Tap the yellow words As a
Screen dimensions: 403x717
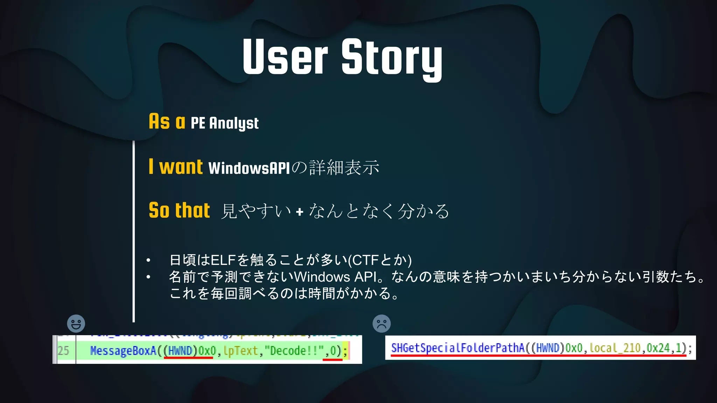(167, 122)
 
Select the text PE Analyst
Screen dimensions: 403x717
(224, 123)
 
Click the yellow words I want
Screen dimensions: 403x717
(175, 167)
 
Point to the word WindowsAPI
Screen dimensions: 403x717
(249, 168)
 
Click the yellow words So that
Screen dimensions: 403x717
(179, 211)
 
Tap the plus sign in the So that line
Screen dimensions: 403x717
(299, 212)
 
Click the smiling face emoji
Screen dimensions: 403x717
(76, 324)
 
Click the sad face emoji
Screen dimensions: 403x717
(382, 324)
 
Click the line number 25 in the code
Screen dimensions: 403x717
(63, 351)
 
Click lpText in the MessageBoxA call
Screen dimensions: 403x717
(241, 351)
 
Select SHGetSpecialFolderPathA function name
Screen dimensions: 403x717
(457, 348)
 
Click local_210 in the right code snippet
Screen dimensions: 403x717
(615, 348)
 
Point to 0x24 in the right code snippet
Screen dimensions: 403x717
(658, 348)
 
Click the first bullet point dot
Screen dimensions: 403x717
(148, 260)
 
